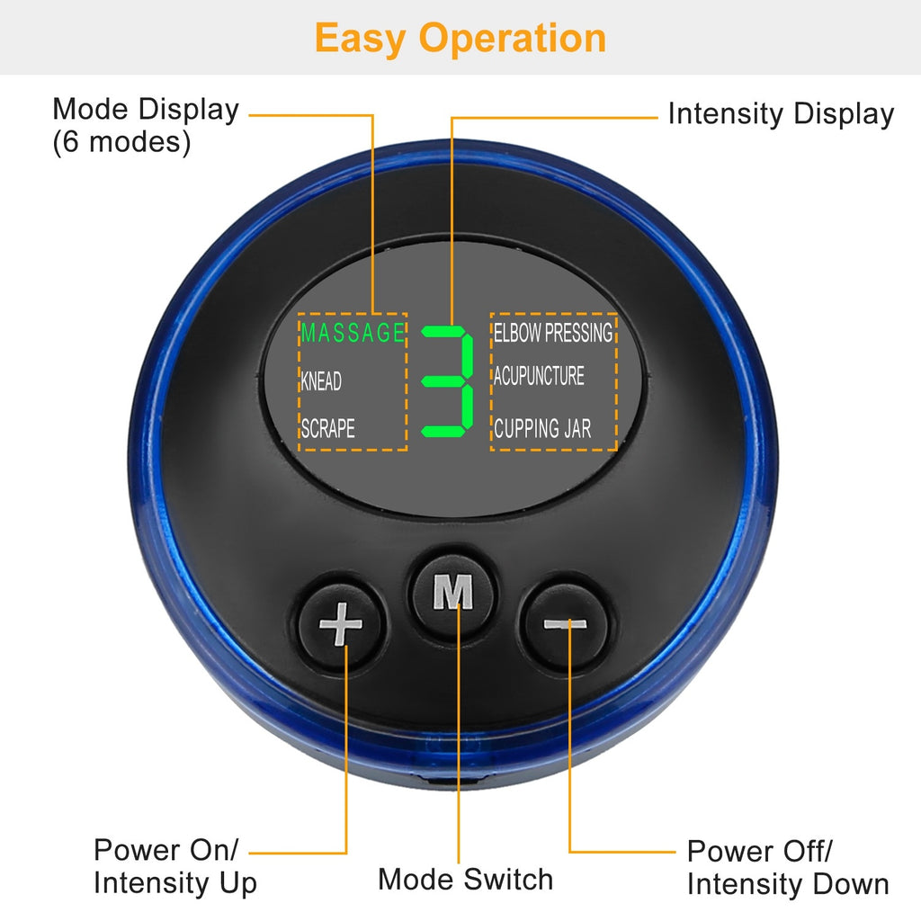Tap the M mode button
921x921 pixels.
(453, 593)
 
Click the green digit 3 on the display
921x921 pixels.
(447, 378)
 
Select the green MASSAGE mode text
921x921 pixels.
(353, 333)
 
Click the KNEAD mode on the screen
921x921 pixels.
(321, 381)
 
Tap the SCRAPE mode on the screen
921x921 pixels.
(327, 429)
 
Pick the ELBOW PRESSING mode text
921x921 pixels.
(552, 332)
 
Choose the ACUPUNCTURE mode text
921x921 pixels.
(539, 375)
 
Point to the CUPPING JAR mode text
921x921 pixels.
(542, 428)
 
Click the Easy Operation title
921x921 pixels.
(460, 38)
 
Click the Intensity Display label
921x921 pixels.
(780, 114)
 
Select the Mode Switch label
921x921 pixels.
(465, 879)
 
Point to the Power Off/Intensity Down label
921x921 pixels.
(787, 867)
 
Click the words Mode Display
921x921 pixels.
(146, 110)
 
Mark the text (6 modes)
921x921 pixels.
(121, 143)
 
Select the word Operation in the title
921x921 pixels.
(513, 38)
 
